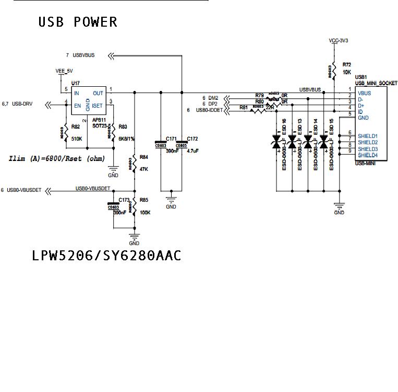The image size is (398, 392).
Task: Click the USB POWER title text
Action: pyautogui.click(x=78, y=22)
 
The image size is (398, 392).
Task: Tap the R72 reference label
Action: pyautogui.click(x=347, y=64)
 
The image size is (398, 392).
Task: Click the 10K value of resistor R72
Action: pyautogui.click(x=347, y=72)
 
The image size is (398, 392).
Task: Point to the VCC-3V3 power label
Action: pyautogui.click(x=339, y=40)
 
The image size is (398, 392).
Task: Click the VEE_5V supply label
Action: pyautogui.click(x=65, y=71)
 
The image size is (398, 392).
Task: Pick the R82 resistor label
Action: pyautogui.click(x=76, y=126)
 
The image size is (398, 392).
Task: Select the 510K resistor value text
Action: pyautogui.click(x=77, y=139)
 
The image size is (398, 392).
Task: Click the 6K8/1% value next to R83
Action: pyautogui.click(x=126, y=140)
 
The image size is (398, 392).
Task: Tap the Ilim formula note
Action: pyautogui.click(x=57, y=158)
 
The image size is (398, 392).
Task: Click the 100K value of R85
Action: pyautogui.click(x=146, y=213)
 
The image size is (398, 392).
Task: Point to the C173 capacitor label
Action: pyautogui.click(x=124, y=200)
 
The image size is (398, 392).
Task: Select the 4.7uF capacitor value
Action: pyautogui.click(x=193, y=151)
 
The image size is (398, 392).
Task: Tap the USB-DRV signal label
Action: pyautogui.click(x=22, y=104)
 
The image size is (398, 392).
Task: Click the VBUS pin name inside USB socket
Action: pyautogui.click(x=365, y=93)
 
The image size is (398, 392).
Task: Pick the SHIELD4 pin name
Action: pyautogui.click(x=368, y=155)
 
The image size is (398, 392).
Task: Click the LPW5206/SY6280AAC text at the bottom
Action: pyautogui.click(x=106, y=256)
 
